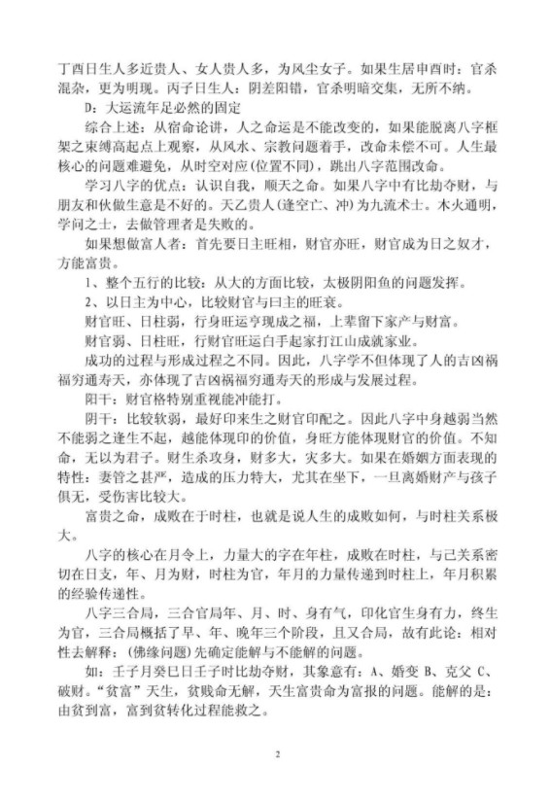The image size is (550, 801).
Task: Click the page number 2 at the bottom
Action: (x=276, y=753)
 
